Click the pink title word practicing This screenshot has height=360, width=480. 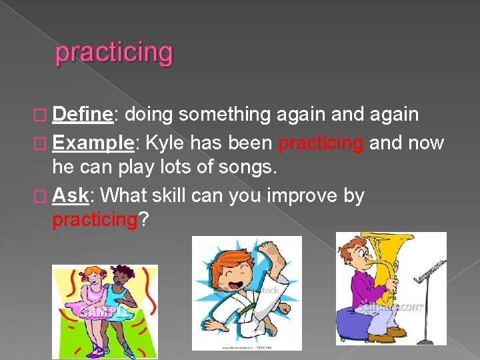click(114, 53)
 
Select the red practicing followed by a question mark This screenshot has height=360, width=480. click(94, 219)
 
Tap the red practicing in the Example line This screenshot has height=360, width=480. click(321, 142)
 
